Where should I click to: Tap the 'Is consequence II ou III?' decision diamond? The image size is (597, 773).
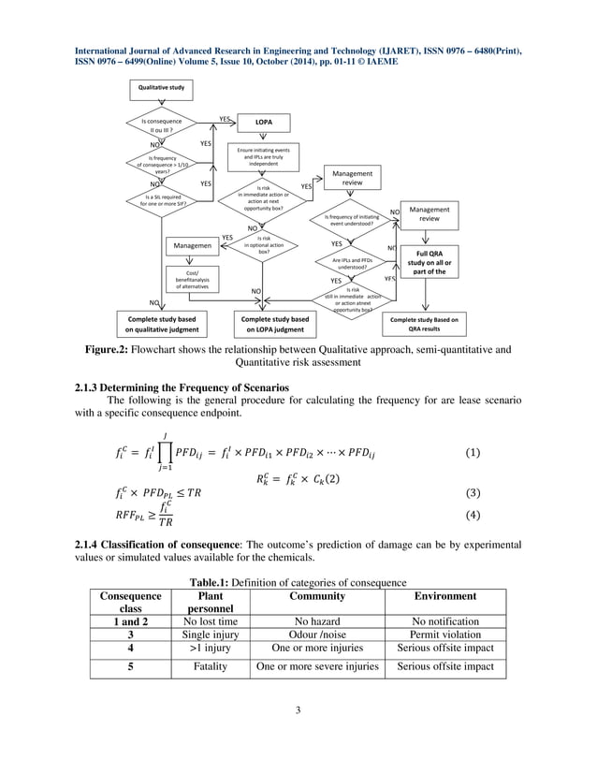(x=156, y=124)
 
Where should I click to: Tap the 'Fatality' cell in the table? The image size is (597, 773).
(x=204, y=667)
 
